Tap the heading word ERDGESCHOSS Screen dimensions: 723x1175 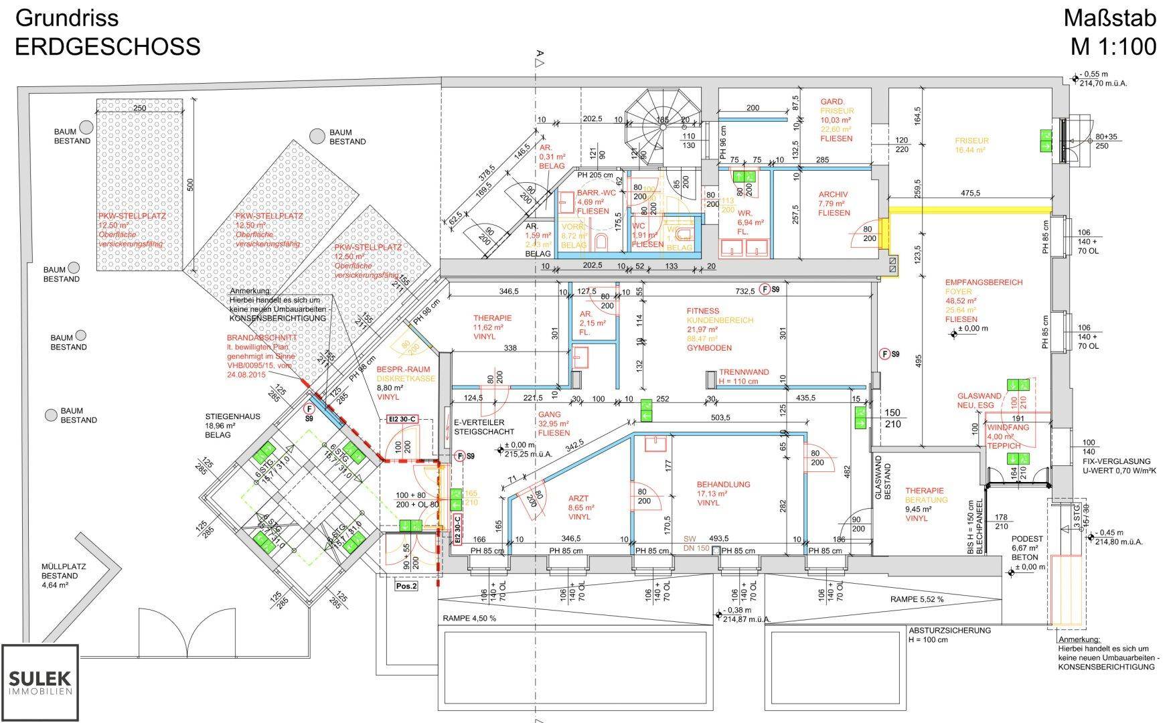(x=107, y=46)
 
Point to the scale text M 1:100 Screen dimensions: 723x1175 (x=1113, y=46)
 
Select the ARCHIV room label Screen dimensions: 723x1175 (x=833, y=195)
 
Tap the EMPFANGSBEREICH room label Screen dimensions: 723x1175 (x=974, y=283)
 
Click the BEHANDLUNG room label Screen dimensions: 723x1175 (x=723, y=484)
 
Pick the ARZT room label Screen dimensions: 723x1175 (x=579, y=498)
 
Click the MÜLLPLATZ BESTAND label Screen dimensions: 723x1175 (x=64, y=570)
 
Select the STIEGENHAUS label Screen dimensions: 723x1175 (x=232, y=416)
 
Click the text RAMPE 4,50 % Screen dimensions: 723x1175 (x=469, y=619)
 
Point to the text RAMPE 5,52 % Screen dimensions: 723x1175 (x=917, y=599)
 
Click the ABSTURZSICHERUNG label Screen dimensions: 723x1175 (x=949, y=630)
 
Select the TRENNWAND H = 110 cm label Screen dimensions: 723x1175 (x=744, y=372)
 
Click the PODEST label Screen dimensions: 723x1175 (x=1026, y=539)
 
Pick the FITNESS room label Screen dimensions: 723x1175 (x=702, y=311)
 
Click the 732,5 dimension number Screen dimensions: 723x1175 (x=745, y=291)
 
